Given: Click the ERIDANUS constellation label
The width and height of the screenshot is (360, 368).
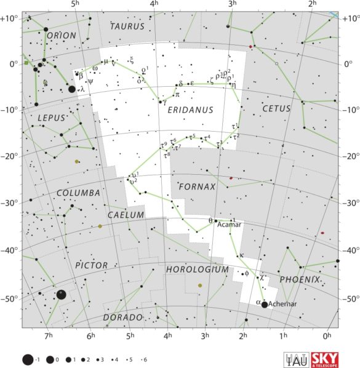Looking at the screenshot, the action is pyautogui.click(x=190, y=110).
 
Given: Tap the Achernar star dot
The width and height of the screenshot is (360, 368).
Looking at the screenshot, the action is pyautogui.click(x=265, y=304).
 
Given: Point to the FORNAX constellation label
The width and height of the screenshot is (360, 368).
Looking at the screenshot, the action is pyautogui.click(x=197, y=186).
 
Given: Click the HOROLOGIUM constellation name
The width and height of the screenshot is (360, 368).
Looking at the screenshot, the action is pyautogui.click(x=197, y=270).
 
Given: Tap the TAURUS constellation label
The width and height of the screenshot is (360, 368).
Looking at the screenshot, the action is pyautogui.click(x=127, y=26).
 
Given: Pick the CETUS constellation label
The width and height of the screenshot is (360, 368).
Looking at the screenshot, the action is pyautogui.click(x=276, y=109).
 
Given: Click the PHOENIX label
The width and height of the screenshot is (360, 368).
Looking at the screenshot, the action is pyautogui.click(x=300, y=279).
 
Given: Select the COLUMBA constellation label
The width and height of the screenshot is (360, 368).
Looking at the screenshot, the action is pyautogui.click(x=78, y=193).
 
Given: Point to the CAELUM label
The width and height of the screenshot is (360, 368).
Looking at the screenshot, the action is pyautogui.click(x=126, y=215).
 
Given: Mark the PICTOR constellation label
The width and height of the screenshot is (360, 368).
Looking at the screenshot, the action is pyautogui.click(x=91, y=265).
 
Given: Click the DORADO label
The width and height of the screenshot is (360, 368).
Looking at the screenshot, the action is pyautogui.click(x=123, y=318).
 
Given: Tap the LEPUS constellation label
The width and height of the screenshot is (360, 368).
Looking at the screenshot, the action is pyautogui.click(x=51, y=118).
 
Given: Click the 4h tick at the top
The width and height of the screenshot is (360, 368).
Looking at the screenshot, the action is pyautogui.click(x=154, y=5).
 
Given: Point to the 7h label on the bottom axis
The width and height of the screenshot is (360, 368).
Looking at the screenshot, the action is pyautogui.click(x=49, y=335).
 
